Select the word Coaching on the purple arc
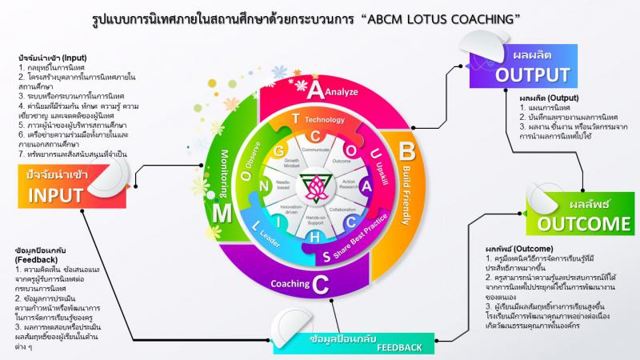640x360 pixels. [x=286, y=282]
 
